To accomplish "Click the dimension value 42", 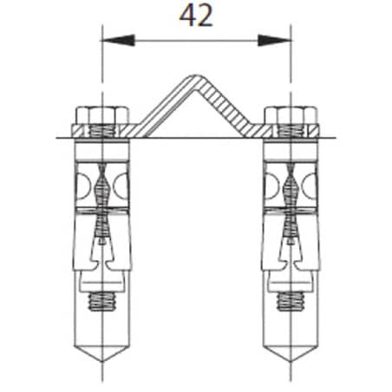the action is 196,16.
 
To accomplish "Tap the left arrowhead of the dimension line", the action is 118,41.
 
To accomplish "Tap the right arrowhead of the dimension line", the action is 274,41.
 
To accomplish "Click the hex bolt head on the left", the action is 102,115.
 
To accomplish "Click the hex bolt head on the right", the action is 291,115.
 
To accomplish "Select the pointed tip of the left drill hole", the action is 101,361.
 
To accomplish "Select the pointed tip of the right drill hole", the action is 291,361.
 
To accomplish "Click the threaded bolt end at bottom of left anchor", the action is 102,302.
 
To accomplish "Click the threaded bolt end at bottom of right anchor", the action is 291,302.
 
